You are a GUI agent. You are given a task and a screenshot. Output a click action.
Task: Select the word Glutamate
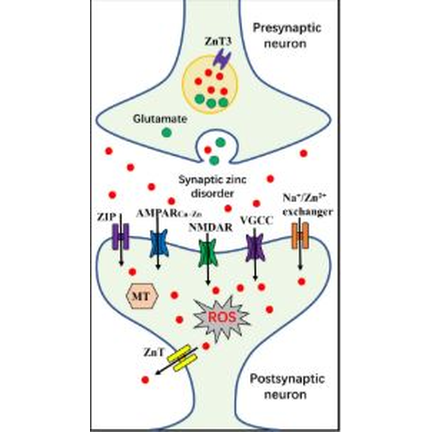160,119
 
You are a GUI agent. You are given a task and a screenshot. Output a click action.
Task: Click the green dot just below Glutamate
167,132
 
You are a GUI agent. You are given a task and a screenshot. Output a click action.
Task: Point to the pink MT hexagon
142,297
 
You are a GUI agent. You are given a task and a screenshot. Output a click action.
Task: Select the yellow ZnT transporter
182,358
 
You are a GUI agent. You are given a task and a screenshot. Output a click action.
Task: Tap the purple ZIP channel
120,236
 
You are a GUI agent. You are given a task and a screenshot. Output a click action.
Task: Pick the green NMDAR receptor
208,253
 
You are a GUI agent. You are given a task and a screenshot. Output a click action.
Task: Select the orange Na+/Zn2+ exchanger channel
300,236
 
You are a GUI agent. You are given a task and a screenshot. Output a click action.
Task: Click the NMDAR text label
210,227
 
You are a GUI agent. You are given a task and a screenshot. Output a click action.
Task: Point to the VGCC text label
256,220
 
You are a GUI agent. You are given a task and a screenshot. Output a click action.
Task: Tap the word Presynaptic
287,28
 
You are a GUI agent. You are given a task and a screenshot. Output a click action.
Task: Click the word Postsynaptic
287,379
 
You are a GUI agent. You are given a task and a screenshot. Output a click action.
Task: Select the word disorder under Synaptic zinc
212,194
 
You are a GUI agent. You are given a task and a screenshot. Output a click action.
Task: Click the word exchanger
308,212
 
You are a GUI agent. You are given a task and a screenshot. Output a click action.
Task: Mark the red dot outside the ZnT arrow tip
145,380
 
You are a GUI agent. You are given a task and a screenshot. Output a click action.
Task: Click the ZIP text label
106,217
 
